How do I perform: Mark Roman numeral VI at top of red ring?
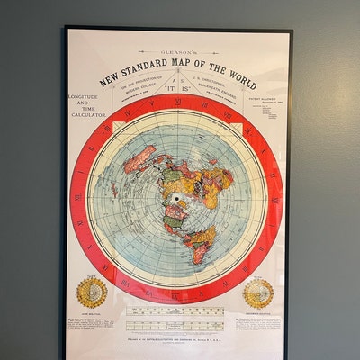176,103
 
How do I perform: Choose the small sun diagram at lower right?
258,292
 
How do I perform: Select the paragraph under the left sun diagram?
93,324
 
